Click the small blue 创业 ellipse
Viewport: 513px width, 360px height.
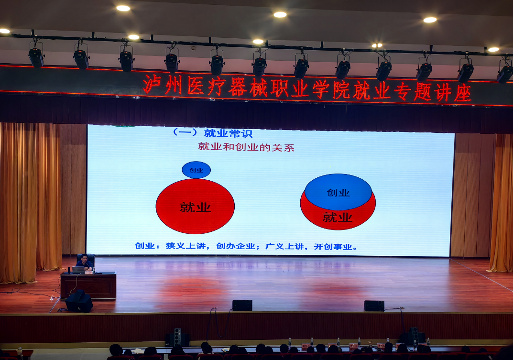pos(196,170)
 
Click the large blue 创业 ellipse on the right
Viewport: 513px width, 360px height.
pos(338,191)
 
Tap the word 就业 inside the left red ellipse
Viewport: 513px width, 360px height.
pos(196,207)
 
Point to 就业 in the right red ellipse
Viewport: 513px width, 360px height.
pos(338,217)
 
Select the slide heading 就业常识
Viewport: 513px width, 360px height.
pos(229,133)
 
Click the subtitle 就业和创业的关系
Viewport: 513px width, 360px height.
pos(246,147)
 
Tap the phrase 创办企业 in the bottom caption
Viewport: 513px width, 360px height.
pos(236,246)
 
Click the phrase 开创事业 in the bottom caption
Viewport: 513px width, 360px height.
pos(333,247)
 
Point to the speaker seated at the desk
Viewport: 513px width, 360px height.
pos(85,262)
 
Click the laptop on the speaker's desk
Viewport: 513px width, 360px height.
pos(78,270)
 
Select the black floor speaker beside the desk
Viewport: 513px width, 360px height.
pos(79,301)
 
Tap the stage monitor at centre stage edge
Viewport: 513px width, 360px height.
pos(242,305)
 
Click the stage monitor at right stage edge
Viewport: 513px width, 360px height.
pos(374,305)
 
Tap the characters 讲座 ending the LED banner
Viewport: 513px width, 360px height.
pos(453,93)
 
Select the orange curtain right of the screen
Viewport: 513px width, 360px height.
pos(501,203)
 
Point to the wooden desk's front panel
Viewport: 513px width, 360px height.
pos(88,286)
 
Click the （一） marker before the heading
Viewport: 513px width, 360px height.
pos(185,132)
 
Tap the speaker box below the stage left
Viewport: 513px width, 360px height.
pos(177,338)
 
